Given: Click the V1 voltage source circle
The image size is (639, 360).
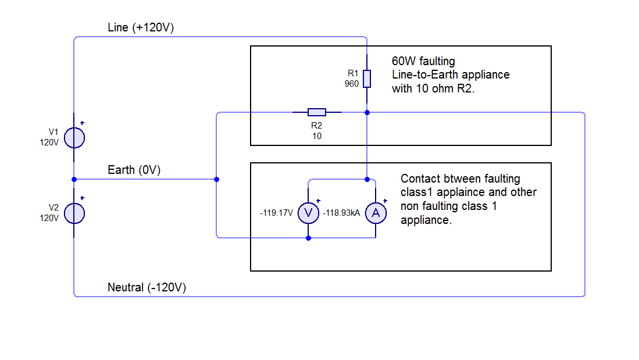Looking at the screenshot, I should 74,138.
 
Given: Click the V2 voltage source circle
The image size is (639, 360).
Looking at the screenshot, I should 74,213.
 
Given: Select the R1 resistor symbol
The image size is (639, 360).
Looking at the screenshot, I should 367,79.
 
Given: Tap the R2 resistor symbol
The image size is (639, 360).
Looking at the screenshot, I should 316,112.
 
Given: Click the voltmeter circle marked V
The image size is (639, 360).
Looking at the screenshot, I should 308,213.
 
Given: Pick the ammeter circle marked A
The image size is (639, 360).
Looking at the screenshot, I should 376,213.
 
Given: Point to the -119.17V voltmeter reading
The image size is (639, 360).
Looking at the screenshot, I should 277,213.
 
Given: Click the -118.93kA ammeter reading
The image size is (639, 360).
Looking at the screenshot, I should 343,213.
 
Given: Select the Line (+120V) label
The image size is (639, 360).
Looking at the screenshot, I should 141,28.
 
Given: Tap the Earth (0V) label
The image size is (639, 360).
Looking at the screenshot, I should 134,170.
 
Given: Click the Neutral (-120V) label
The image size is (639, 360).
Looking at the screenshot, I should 147,287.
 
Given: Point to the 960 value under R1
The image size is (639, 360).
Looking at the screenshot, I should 352,83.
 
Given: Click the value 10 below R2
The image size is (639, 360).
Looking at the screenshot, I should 316,136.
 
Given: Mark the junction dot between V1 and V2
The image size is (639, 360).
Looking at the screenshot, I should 74,179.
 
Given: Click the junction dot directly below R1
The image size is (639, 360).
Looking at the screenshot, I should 367,112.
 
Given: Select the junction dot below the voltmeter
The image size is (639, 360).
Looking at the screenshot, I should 308,238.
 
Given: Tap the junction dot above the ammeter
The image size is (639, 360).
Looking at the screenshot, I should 367,179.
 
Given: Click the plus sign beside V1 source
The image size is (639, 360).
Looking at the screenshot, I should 82,123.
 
